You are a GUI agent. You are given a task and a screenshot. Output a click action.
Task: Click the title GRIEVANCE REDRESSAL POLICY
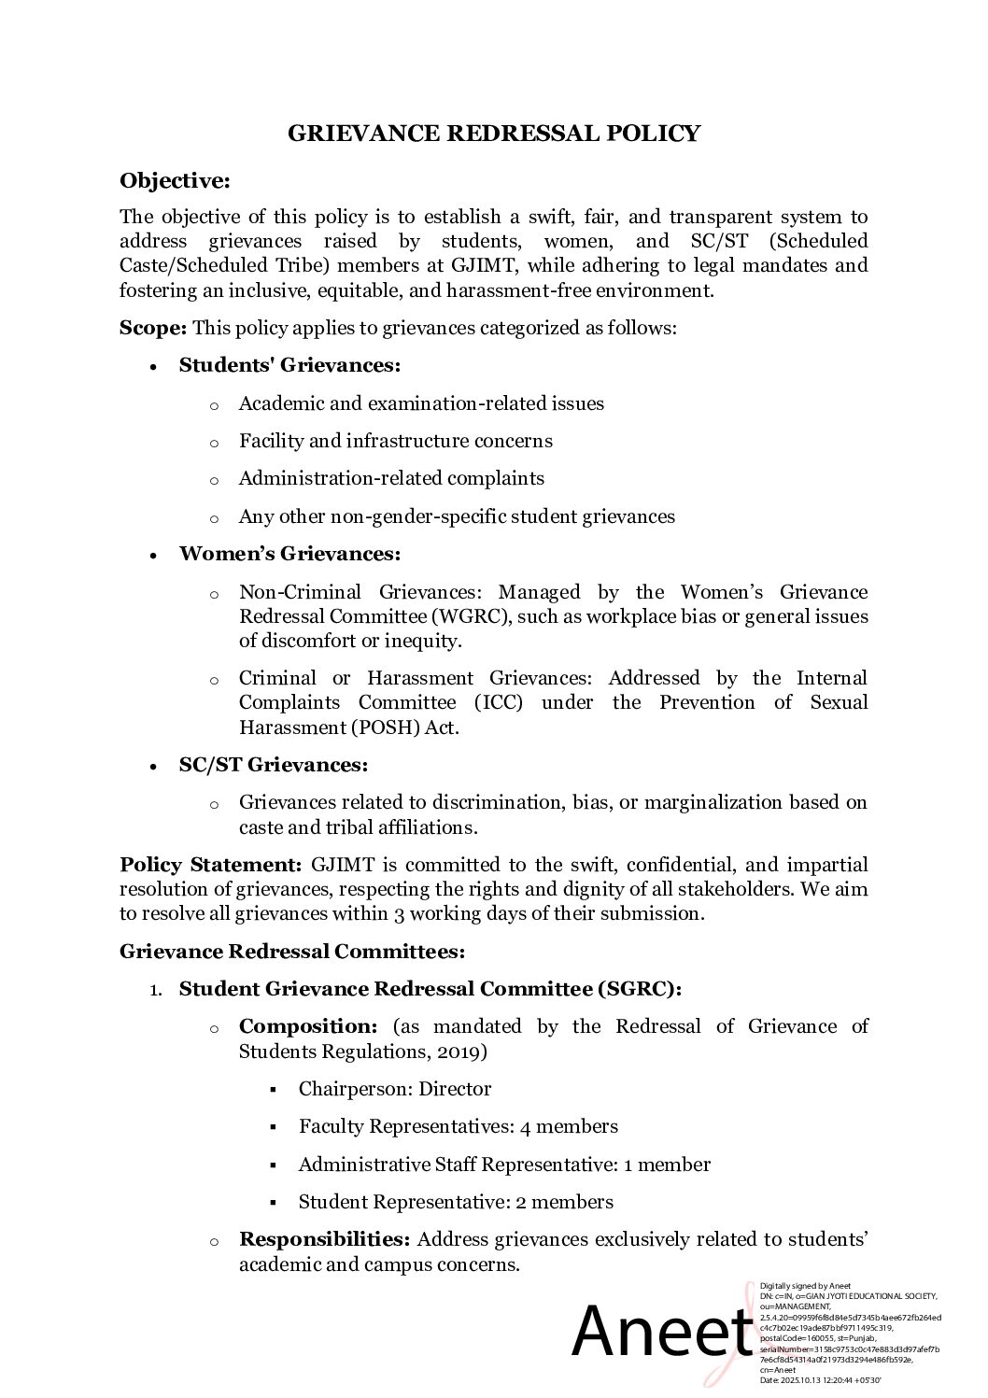[493, 134]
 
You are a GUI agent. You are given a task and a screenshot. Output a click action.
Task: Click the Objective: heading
[175, 180]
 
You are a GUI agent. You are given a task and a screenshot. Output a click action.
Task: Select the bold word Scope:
[153, 328]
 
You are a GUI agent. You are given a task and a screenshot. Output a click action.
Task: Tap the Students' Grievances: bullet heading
[289, 365]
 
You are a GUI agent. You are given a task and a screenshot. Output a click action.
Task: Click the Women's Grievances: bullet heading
[289, 554]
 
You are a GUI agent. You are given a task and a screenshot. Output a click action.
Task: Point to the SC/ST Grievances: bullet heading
[274, 765]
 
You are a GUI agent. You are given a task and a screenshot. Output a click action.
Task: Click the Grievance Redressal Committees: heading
[291, 952]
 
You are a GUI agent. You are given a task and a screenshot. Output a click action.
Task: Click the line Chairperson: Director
[394, 1089]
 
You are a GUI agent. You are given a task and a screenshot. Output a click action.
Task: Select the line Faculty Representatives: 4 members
[458, 1126]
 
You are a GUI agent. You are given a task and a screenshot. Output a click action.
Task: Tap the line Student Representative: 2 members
[456, 1202]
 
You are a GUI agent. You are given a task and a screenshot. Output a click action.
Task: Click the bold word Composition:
[308, 1026]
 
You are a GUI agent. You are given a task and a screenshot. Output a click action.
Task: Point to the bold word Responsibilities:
[325, 1239]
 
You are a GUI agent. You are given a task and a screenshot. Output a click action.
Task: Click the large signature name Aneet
[661, 1333]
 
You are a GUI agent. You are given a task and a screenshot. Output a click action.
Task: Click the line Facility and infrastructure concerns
[395, 441]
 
